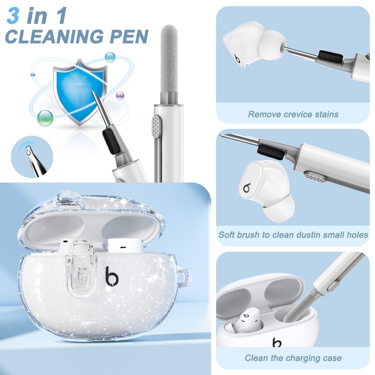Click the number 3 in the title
(13, 15)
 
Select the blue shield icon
(78, 91)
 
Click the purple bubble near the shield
(120, 96)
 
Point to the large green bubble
(45, 118)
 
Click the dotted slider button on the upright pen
(157, 127)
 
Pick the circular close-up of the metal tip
(32, 157)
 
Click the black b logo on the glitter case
(112, 277)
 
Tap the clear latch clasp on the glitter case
(80, 268)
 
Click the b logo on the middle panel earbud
(247, 188)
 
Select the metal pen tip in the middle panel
(239, 139)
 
